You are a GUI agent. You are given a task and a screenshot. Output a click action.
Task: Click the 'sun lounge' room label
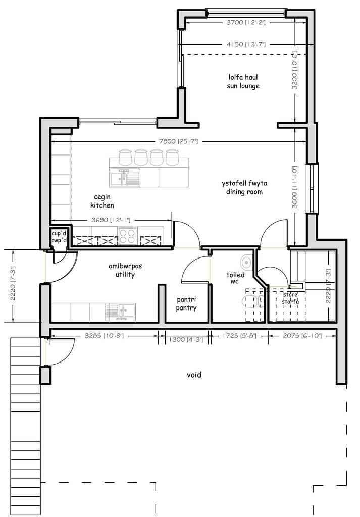(x=243, y=86)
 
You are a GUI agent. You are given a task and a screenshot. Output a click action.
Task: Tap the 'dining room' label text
(x=244, y=192)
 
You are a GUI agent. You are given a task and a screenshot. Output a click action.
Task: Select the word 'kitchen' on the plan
(x=102, y=205)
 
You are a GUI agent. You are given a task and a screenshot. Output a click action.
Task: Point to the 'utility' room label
(x=125, y=274)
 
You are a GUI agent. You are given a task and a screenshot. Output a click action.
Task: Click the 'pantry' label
(x=186, y=308)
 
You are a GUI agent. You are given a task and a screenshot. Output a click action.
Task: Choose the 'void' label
(x=194, y=375)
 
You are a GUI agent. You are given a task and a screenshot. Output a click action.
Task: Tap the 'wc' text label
(x=235, y=281)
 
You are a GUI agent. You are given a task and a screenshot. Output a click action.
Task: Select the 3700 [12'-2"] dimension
(x=246, y=22)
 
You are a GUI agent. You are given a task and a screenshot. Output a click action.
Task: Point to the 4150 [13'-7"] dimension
(x=246, y=44)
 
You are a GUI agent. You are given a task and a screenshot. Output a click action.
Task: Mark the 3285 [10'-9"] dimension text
(x=104, y=336)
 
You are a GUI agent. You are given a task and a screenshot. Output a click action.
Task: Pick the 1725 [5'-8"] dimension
(x=239, y=336)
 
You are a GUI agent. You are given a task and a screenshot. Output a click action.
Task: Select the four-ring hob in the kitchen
(x=128, y=236)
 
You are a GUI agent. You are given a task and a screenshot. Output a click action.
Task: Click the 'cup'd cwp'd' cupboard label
(x=59, y=237)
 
